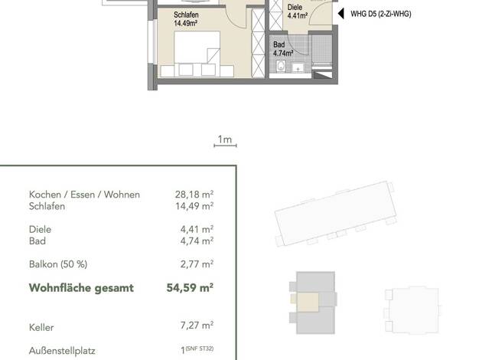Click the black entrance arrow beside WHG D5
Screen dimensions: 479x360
coord(341,14)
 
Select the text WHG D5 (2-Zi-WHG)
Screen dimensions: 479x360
coord(380,14)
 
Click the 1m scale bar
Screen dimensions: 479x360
coord(225,146)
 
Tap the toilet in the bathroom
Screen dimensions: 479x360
coord(281,66)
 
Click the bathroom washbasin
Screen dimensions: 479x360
coord(298,68)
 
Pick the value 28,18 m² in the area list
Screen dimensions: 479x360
coord(194,195)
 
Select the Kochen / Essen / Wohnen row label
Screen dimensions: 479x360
coord(84,195)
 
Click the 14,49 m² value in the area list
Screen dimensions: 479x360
coord(194,206)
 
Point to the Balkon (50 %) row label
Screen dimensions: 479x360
coord(58,264)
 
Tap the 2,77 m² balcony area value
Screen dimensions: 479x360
coord(197,263)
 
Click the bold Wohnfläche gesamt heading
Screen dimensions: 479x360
coord(81,288)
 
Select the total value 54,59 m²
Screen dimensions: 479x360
coord(190,287)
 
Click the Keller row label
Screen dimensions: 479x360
coord(41,327)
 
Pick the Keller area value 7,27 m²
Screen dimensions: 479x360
coord(197,325)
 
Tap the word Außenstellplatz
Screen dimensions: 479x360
coord(62,351)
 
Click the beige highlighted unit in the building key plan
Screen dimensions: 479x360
coord(308,302)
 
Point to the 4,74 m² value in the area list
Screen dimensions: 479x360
coord(197,241)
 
